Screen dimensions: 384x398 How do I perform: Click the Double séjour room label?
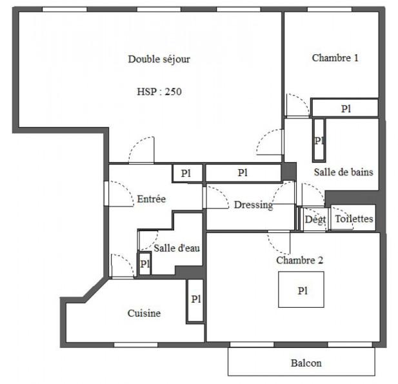tap(159, 59)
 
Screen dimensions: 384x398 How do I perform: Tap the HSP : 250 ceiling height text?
tap(159, 92)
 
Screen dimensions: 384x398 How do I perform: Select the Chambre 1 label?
tap(335, 57)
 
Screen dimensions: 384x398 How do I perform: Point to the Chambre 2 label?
tap(299, 261)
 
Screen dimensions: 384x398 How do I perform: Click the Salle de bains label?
tap(343, 172)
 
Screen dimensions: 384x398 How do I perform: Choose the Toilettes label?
tap(353, 219)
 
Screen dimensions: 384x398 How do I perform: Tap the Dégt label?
tap(315, 219)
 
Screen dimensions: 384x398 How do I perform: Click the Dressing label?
tap(253, 205)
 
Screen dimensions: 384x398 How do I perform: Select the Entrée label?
tap(152, 199)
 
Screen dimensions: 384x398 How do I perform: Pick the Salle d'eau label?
tap(172, 248)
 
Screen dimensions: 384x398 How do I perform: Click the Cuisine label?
tap(144, 314)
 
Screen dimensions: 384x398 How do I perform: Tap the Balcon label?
tap(306, 363)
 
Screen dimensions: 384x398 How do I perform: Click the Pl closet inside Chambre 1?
tap(344, 108)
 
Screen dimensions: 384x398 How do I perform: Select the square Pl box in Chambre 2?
tap(302, 290)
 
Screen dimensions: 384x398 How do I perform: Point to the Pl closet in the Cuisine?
tap(195, 299)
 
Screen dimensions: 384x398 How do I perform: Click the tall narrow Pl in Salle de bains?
tap(319, 140)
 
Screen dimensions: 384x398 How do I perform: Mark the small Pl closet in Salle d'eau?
tap(144, 264)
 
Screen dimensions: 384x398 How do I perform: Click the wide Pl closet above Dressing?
tap(243, 173)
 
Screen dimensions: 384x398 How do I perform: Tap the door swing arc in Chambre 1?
tap(297, 105)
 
